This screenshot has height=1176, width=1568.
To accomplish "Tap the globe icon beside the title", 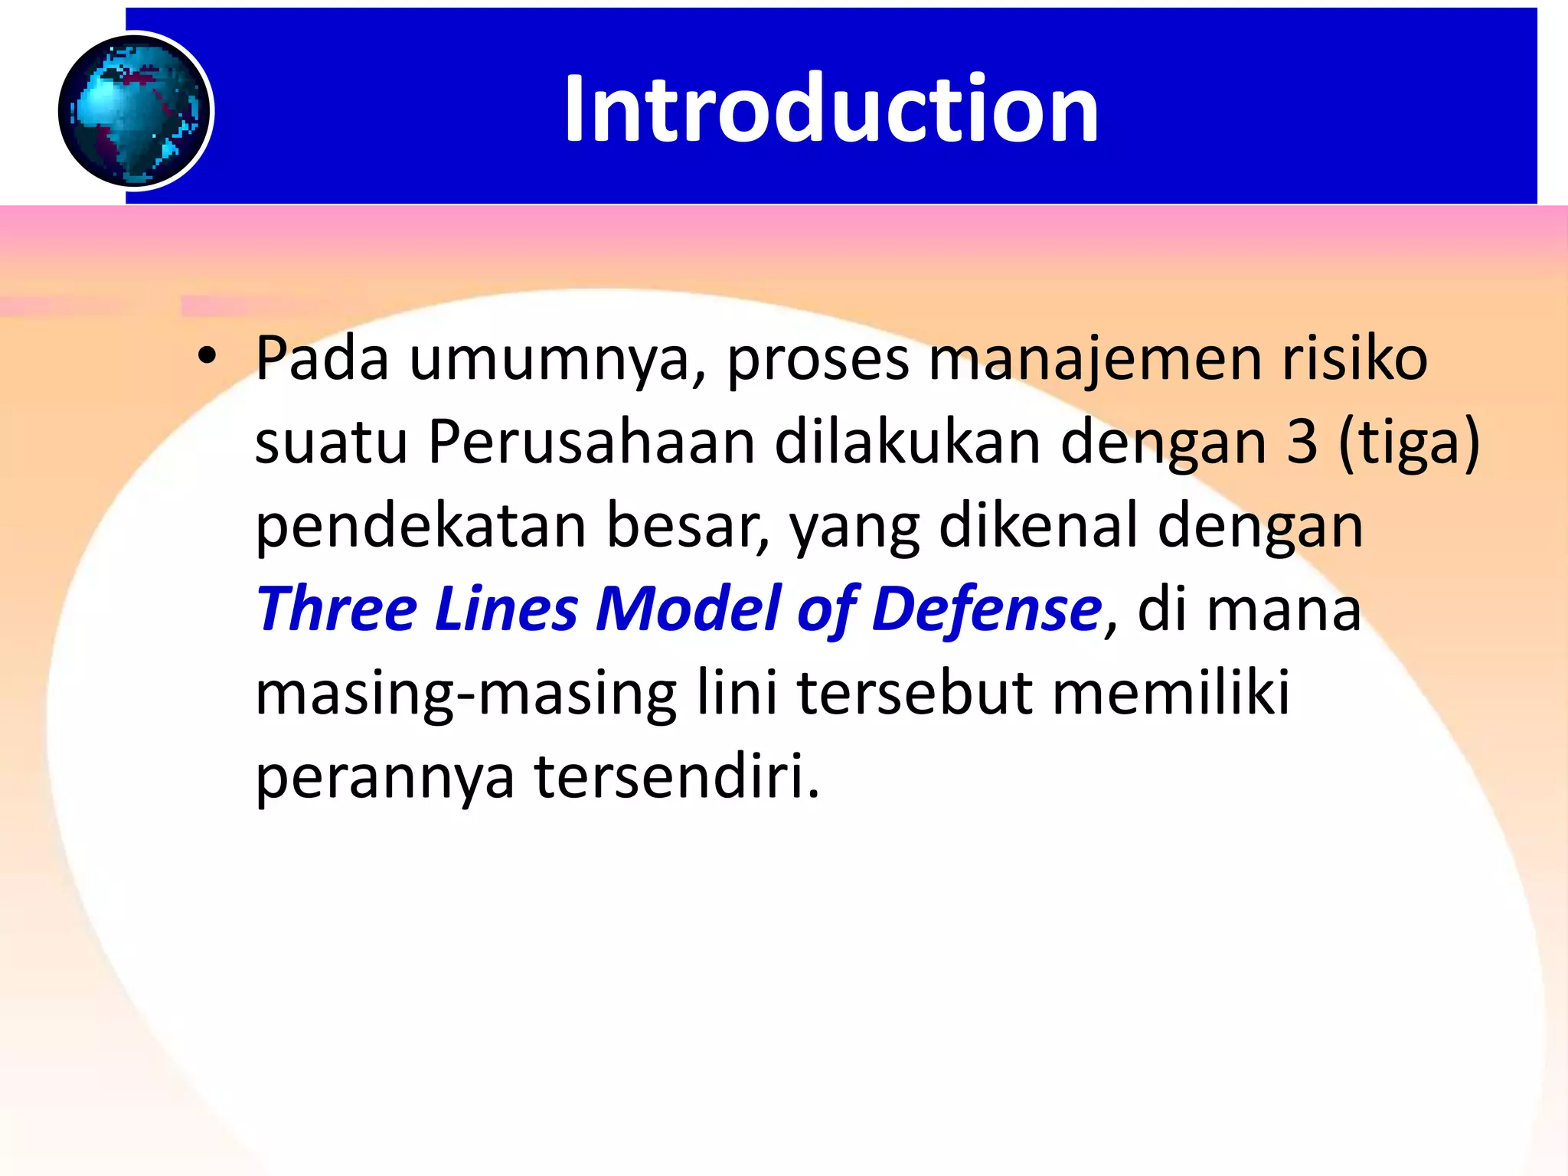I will click(135, 111).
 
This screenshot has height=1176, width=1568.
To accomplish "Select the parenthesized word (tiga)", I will click(1409, 444).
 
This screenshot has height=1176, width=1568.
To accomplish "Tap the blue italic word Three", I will click(337, 609).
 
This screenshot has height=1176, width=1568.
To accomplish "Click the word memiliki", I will click(1171, 692).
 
